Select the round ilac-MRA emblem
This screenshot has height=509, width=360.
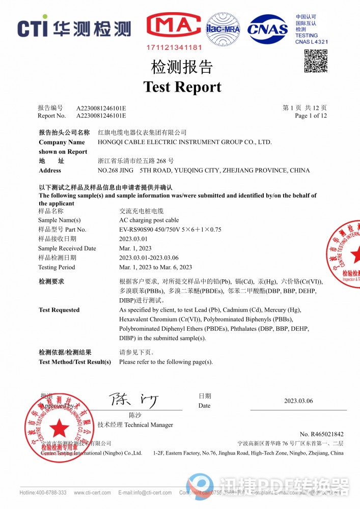[x=223, y=29]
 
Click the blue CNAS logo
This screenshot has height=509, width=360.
[x=268, y=29]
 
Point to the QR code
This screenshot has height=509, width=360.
[x=316, y=61]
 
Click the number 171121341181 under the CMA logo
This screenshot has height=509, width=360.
[x=174, y=47]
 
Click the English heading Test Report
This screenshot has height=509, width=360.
[x=182, y=87]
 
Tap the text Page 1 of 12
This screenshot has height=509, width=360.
[x=311, y=116]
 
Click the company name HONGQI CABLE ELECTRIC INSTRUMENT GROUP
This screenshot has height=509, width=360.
[x=184, y=142]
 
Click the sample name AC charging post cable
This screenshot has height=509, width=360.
[x=149, y=220]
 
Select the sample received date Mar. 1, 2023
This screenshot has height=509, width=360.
[x=135, y=248]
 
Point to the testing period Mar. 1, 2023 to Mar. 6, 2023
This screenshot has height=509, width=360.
[x=155, y=267]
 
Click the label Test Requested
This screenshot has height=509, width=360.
[x=59, y=310]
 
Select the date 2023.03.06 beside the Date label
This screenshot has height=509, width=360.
[x=298, y=401]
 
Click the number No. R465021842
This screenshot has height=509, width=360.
[x=321, y=434]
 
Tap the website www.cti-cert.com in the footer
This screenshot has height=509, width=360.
[x=92, y=493]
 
